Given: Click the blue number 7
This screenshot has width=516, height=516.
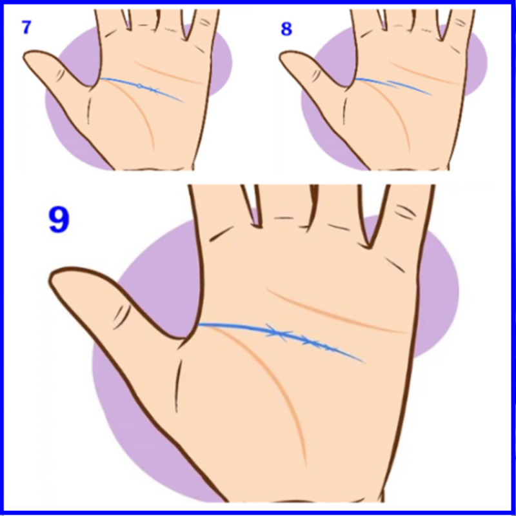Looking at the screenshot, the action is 26,27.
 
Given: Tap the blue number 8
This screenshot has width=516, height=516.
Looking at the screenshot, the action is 286,29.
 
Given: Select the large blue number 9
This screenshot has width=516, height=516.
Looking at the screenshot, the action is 59,219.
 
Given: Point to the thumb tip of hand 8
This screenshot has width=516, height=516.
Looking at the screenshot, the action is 282,57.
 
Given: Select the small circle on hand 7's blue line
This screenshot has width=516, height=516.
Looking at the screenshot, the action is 139,86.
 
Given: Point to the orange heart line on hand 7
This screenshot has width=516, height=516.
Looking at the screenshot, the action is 168,73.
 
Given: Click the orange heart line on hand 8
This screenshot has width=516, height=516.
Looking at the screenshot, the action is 424,73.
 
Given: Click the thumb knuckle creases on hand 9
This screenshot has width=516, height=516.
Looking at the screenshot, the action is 121,317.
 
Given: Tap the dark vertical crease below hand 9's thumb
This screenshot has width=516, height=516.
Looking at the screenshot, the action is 178,386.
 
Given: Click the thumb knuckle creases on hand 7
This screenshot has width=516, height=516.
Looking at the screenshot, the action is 59,76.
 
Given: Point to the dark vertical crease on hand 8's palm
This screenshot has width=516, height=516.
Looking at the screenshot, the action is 344,111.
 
